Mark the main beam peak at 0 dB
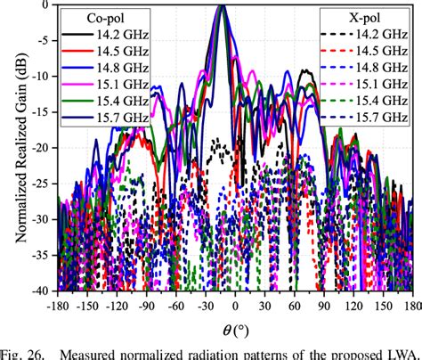pyautogui.click(x=221, y=6)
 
